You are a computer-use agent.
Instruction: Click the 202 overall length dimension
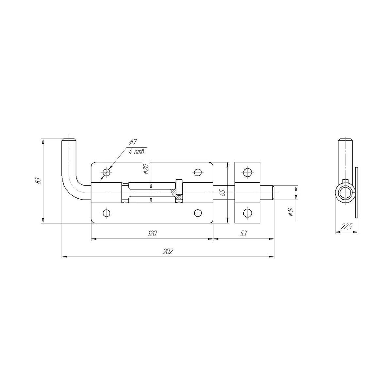tap(168, 252)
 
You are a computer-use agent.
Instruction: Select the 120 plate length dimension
tap(152, 234)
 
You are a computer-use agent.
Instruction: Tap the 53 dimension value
tap(243, 234)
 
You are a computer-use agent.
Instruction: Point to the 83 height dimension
tap(38, 181)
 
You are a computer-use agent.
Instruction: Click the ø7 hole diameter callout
tap(134, 142)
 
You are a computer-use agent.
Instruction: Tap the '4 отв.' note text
tap(137, 152)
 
